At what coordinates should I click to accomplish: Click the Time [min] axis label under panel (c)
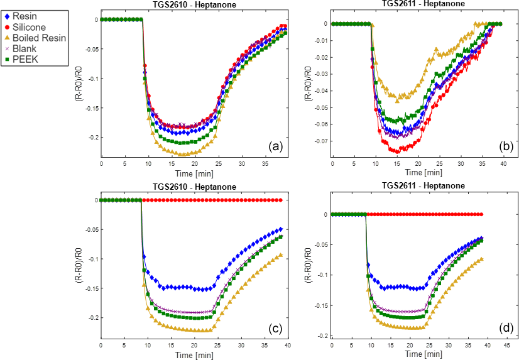[x=193, y=354]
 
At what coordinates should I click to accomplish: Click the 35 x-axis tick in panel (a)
[x=263, y=164]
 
